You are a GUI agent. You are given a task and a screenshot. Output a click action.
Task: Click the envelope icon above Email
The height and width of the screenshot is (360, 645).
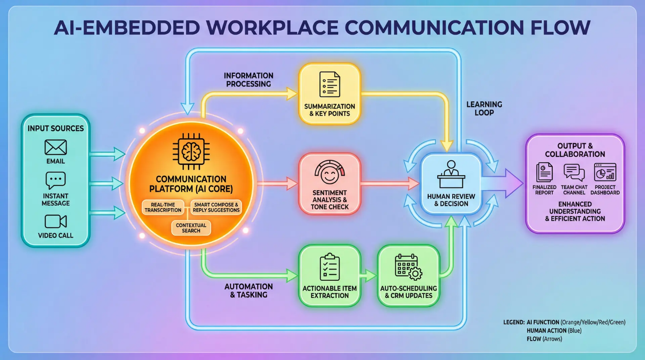click(x=55, y=147)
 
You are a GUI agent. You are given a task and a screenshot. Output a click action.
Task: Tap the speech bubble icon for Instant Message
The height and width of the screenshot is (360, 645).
click(x=55, y=180)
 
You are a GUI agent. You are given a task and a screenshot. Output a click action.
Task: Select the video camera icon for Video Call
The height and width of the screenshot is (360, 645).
click(x=55, y=222)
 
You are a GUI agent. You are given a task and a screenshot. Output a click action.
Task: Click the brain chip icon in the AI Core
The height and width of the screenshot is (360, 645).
click(x=191, y=151)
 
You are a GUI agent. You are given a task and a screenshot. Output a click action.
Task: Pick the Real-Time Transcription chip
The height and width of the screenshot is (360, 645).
click(x=163, y=207)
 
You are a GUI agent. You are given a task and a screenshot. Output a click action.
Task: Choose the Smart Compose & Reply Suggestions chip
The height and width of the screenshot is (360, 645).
click(x=216, y=207)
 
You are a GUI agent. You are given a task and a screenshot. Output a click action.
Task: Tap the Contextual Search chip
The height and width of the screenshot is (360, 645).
click(x=191, y=228)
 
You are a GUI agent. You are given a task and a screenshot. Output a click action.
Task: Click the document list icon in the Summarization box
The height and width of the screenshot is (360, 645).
click(x=330, y=84)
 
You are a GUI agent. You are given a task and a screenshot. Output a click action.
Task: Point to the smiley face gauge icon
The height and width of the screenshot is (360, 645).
click(x=330, y=172)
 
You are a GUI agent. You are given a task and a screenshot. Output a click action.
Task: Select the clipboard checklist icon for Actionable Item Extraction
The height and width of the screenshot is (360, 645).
click(x=330, y=267)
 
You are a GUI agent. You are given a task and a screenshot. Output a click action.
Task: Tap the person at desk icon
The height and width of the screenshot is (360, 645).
click(x=451, y=174)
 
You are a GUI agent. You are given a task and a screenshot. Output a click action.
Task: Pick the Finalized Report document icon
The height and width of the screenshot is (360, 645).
click(x=544, y=172)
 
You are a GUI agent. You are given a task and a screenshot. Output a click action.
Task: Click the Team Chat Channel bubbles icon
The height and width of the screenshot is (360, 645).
click(x=574, y=172)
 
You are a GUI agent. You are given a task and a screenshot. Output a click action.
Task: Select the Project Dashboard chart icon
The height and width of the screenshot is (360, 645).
click(x=605, y=172)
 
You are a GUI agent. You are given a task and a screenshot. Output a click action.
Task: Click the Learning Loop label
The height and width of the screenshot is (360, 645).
click(x=484, y=109)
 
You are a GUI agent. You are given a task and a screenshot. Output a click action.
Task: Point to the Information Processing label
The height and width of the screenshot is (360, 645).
click(x=249, y=80)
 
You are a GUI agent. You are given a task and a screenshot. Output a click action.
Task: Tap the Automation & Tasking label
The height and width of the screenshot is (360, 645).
click(x=249, y=291)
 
